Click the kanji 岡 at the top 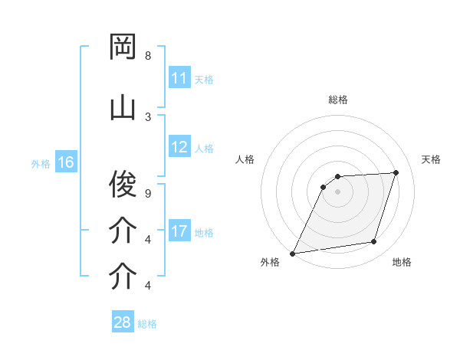tap(123, 47)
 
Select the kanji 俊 tap(123, 184)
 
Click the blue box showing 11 tap(179, 78)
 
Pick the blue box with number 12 tap(179, 148)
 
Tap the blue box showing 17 tap(179, 231)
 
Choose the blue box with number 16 tap(65, 162)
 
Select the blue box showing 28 tap(123, 322)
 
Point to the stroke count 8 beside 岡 tap(148, 56)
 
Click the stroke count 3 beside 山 tap(148, 116)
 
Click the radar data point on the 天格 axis tap(396, 172)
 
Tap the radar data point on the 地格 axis tap(374, 242)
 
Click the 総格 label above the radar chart tap(337, 100)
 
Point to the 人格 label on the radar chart tap(245, 159)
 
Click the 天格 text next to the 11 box tap(204, 79)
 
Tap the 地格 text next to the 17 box tap(204, 232)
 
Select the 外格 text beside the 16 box tap(41, 163)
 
